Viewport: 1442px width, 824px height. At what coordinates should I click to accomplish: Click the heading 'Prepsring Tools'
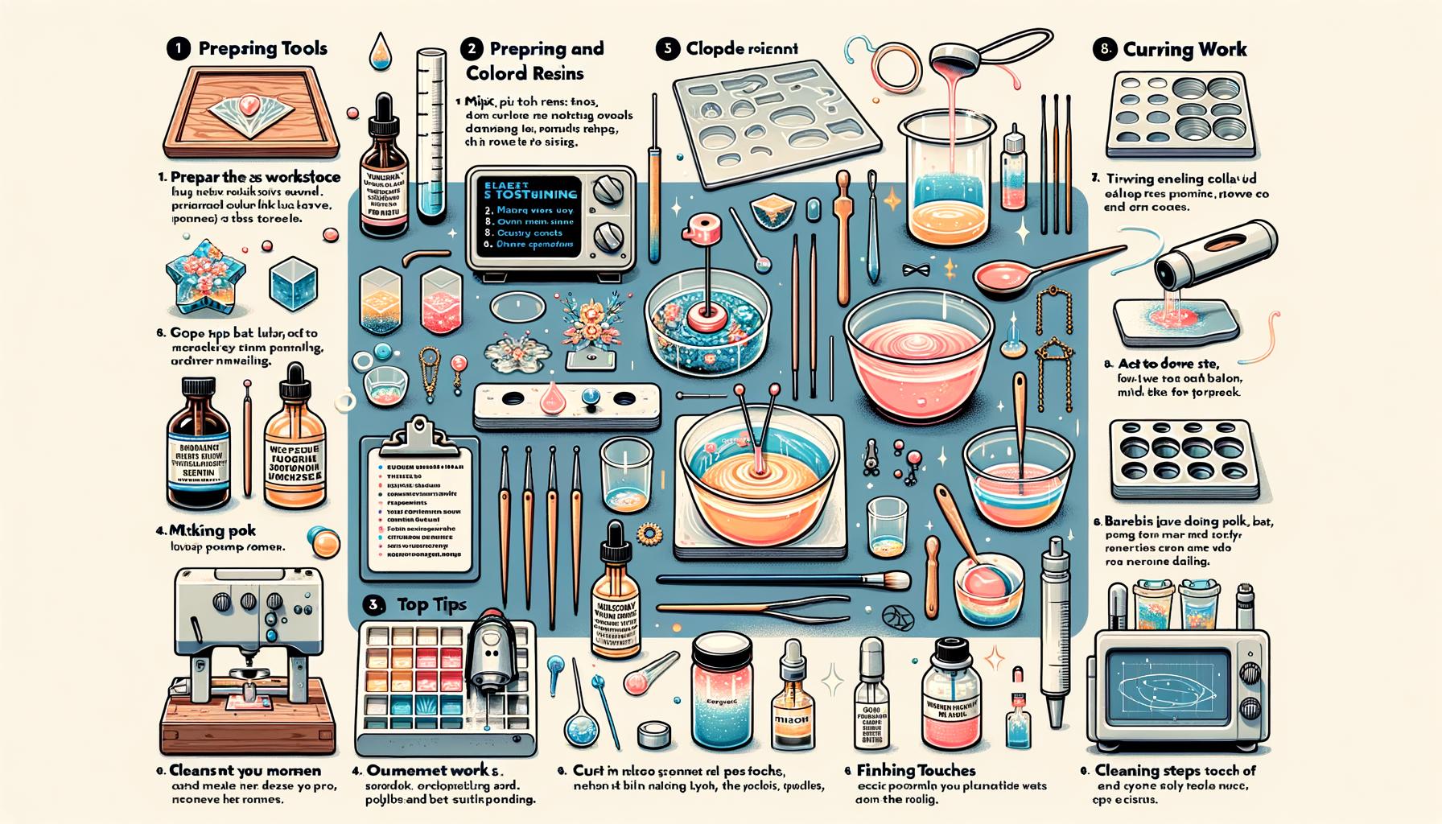(262, 49)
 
